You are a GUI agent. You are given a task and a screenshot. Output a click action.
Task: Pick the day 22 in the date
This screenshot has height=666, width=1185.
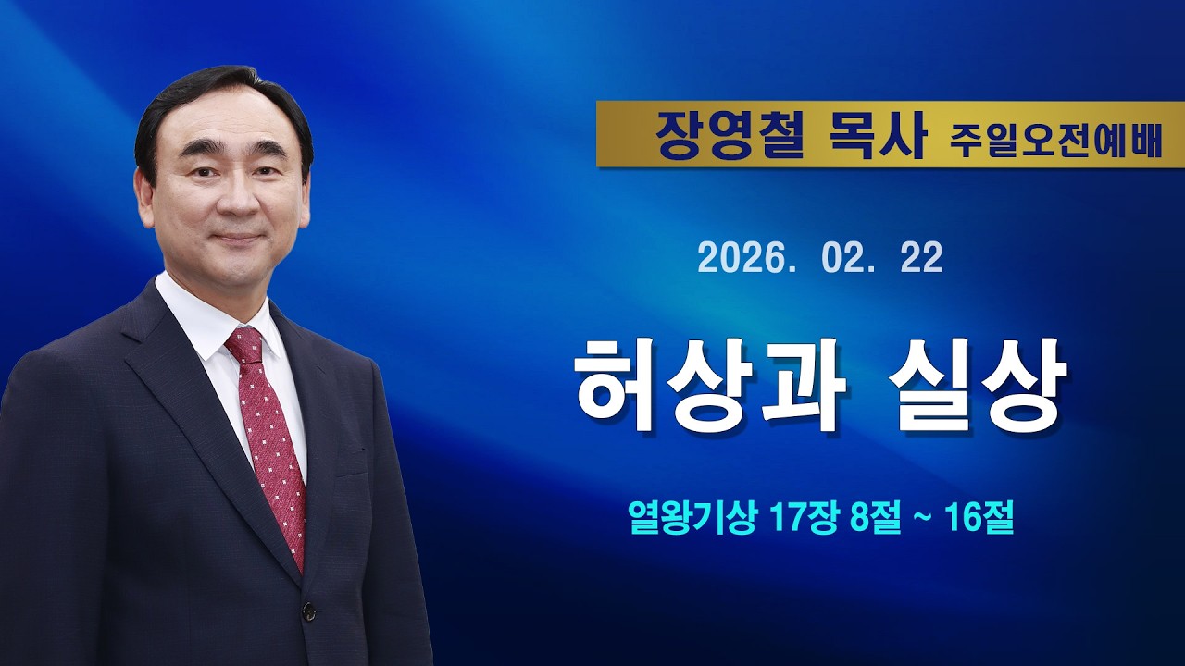point(921,258)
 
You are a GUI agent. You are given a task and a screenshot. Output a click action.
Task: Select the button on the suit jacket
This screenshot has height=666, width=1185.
point(308,610)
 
